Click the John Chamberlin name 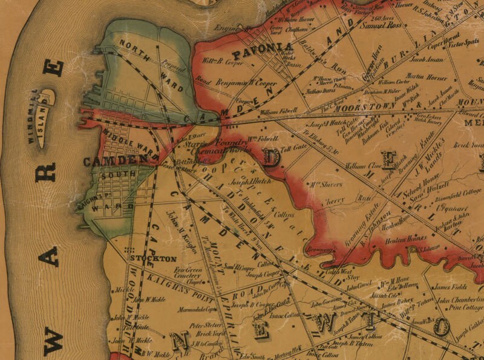(x=459, y=299)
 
